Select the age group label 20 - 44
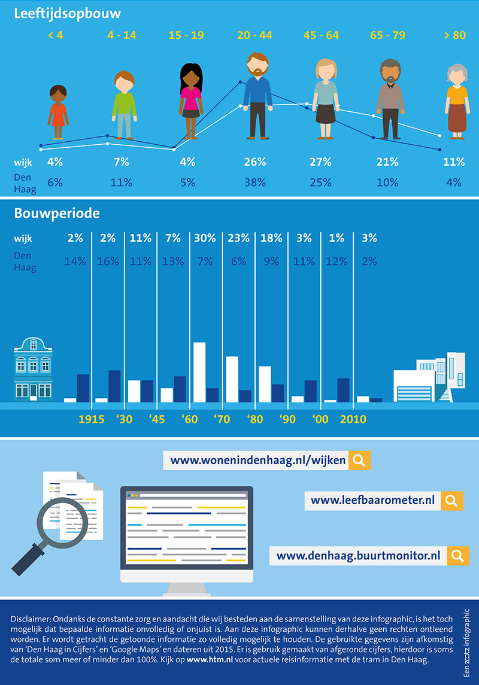pos(254,35)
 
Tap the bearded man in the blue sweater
pos(257,96)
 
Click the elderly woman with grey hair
pos(456,102)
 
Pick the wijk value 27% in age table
pos(320,162)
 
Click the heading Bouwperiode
pos(49,214)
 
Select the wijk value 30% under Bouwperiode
pos(205,238)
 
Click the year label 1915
pos(92,419)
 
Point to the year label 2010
pos(353,419)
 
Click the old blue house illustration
pos(33,369)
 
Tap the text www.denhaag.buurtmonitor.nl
pos(358,556)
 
